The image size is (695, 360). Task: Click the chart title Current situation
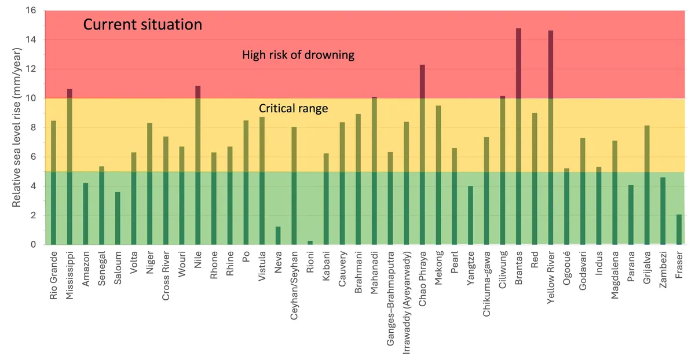[142, 25]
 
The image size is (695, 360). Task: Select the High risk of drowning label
[298, 56]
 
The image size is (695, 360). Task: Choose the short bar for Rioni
[310, 243]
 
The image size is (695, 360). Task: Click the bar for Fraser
[679, 229]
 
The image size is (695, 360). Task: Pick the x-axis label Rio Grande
[54, 275]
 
